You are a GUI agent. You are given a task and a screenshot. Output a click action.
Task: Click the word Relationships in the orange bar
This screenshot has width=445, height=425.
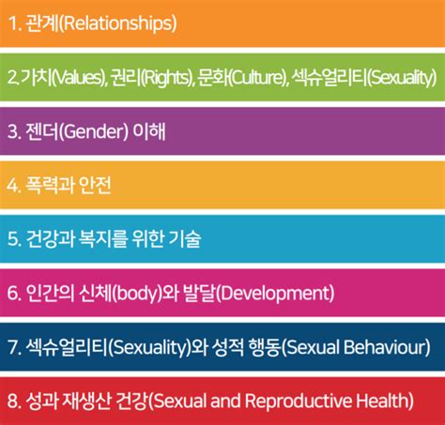tap(120, 22)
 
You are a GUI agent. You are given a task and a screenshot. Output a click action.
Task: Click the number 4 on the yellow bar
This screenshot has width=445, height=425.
tap(12, 185)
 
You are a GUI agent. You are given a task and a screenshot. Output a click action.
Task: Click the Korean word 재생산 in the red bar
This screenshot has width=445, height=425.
tap(85, 401)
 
